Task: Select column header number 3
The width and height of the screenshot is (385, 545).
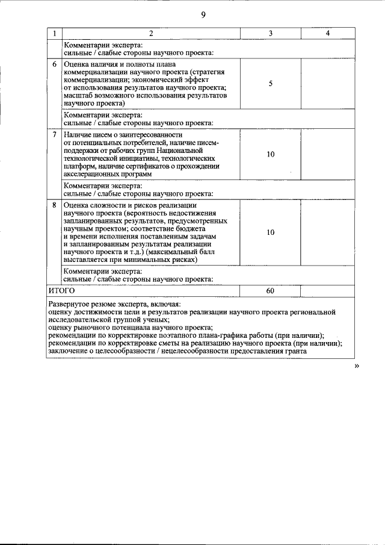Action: click(x=270, y=33)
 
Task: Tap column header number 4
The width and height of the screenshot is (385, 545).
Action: click(x=327, y=33)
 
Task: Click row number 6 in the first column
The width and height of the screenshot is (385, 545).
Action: click(x=55, y=63)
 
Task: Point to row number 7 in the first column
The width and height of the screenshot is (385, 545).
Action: click(x=55, y=135)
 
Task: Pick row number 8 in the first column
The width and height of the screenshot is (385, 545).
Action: click(x=55, y=205)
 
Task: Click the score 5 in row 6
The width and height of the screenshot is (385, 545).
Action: click(x=270, y=83)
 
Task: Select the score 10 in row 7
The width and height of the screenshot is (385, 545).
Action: click(x=270, y=154)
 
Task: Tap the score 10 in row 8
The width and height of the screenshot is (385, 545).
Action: click(x=270, y=232)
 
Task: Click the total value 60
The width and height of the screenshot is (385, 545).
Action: click(x=270, y=291)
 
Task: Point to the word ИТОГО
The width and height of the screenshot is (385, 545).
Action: click(x=61, y=291)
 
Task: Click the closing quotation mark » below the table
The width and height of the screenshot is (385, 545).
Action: click(x=357, y=366)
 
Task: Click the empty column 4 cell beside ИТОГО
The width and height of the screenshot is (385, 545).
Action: click(x=327, y=291)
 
